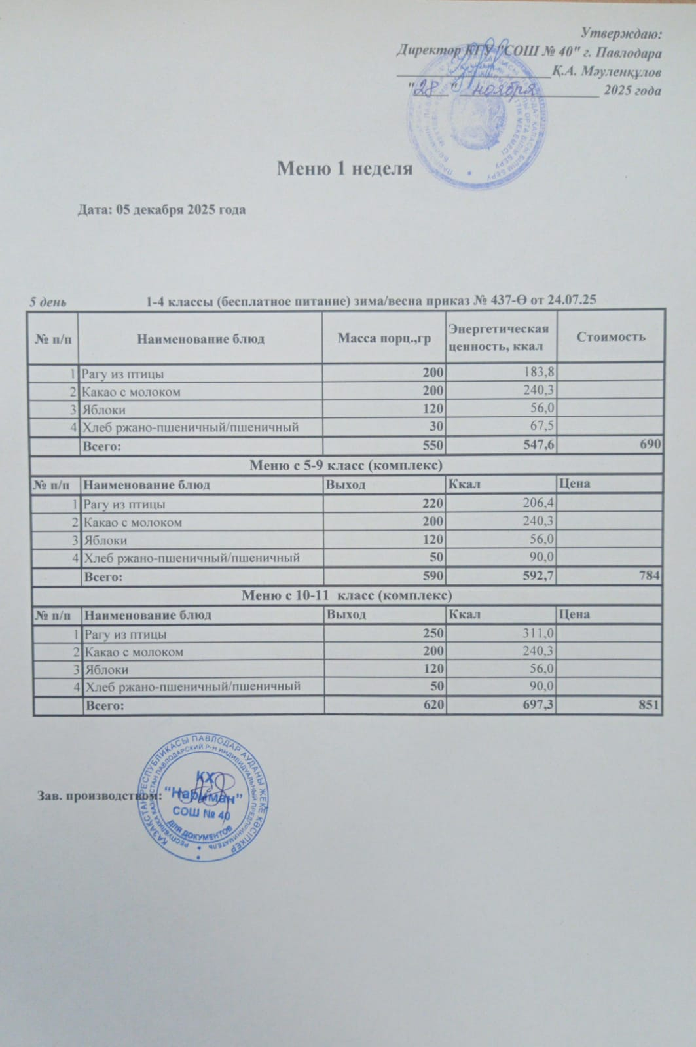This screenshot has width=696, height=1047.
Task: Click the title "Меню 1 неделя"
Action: coord(344,169)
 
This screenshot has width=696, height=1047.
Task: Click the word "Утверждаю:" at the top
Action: coord(623,33)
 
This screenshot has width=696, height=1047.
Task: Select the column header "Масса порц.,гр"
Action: coord(384,338)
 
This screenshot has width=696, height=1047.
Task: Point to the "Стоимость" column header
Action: coord(610,336)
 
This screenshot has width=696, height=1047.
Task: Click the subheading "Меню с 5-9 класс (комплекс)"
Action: coord(346,465)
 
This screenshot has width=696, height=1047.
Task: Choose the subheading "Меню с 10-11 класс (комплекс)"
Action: coord(347,595)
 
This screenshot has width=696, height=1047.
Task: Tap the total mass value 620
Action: coord(433,705)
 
